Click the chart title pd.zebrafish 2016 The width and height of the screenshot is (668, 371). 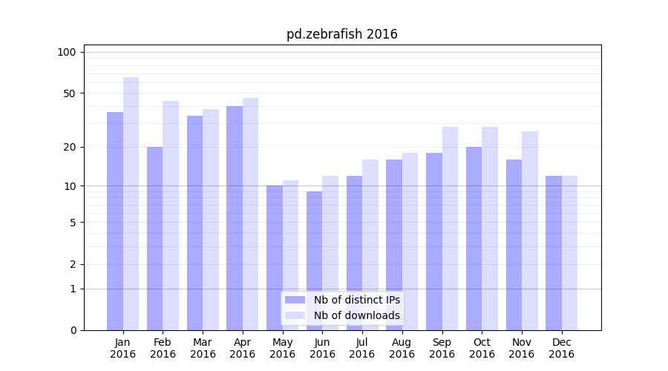coord(341,34)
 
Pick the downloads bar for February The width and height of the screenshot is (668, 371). coord(171,215)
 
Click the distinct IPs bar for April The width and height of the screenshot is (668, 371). coord(235,218)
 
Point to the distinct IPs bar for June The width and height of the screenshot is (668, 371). coord(314,260)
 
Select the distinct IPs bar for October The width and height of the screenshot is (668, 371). coord(474,238)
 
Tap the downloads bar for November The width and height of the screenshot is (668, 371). coord(529,231)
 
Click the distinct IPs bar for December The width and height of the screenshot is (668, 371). coord(554,253)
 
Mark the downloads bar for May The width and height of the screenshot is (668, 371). coord(290,255)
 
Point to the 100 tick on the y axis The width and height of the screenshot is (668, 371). coord(67,52)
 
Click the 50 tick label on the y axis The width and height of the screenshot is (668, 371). coord(70,93)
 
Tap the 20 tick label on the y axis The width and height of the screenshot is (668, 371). coord(70,147)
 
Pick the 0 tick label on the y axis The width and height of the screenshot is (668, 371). coord(73,330)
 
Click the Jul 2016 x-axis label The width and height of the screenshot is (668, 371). coord(362,348)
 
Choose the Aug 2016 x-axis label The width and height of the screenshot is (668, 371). coord(402,348)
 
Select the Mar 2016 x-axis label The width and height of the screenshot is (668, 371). coord(203,348)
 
